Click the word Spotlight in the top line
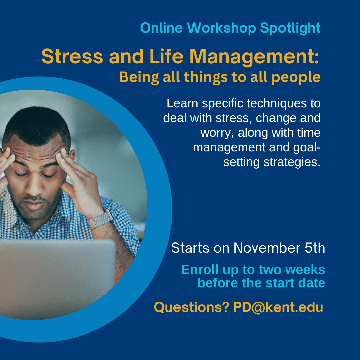coord(290,28)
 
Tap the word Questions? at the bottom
coord(191,307)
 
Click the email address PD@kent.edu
coord(278,307)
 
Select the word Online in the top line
coord(162,28)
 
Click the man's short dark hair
coord(37,123)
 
